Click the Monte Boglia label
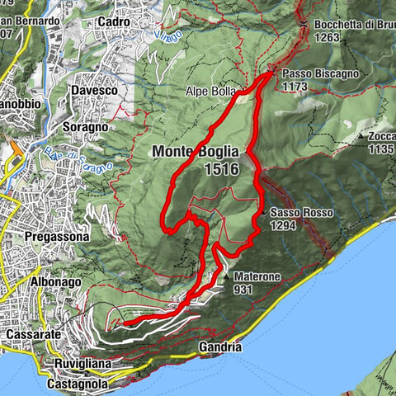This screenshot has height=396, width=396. pos(195,153)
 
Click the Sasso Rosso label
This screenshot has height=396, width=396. pos(301,213)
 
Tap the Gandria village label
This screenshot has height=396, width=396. pos(221,348)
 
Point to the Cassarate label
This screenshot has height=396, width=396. pos(31,335)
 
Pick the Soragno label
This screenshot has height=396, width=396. pos(85,128)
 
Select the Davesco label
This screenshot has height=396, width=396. pos(93,89)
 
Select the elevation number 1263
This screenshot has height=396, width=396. pos(328,36)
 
